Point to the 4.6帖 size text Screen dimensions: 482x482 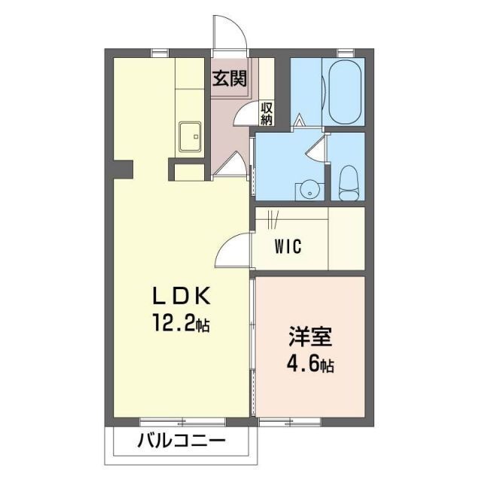[x=309, y=366]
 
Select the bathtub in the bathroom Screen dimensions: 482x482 [x=343, y=92]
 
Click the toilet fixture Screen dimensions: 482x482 [x=348, y=184]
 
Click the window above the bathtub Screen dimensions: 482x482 [x=346, y=53]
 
